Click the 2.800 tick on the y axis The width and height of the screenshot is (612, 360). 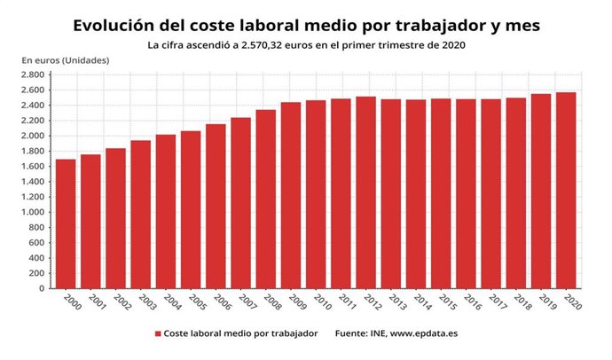point(33,74)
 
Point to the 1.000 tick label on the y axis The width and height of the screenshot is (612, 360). point(33,212)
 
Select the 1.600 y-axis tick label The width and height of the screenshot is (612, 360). point(33,166)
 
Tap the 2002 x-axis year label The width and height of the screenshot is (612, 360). point(120,302)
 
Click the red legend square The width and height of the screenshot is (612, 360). point(158,334)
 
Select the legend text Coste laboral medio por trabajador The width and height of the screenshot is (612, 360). point(239,334)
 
